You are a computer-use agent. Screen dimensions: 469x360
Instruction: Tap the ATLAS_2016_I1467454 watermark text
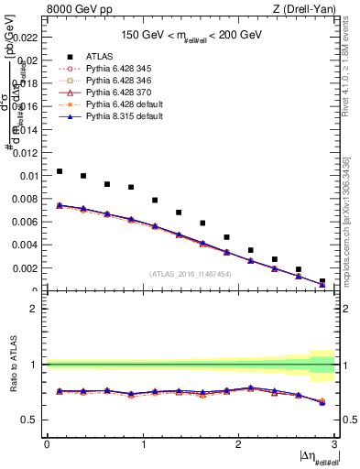(191, 274)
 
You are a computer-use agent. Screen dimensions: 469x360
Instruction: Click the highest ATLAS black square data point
(60, 171)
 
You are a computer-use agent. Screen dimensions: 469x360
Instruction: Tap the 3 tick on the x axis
(335, 443)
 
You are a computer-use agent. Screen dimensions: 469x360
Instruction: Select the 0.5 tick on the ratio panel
(33, 420)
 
